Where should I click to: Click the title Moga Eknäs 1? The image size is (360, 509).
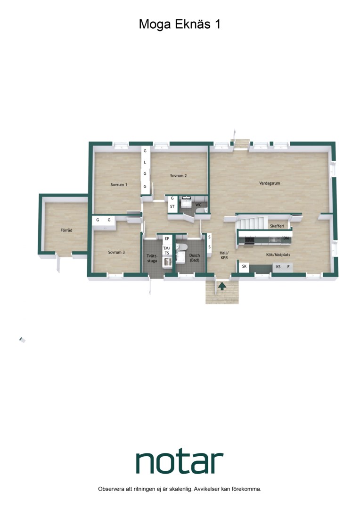[180, 25]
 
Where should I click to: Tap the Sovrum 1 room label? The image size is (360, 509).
[119, 184]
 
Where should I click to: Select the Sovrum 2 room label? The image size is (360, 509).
[179, 176]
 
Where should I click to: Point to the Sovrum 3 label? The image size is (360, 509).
[116, 252]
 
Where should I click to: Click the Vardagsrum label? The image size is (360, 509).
[270, 183]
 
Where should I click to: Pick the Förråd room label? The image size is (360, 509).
[66, 230]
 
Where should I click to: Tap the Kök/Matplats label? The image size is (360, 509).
[278, 255]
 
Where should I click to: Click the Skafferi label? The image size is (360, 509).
[277, 226]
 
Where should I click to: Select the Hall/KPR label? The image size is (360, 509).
[224, 255]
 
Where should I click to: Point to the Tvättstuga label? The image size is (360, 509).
[152, 258]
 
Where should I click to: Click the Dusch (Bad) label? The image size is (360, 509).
[195, 258]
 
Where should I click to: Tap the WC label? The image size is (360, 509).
[198, 205]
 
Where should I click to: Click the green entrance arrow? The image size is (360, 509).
[222, 286]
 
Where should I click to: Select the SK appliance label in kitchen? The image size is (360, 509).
[244, 266]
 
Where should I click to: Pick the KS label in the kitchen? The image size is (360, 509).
[278, 267]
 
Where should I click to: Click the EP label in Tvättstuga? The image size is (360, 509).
[167, 238]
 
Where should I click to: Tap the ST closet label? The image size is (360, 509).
[172, 206]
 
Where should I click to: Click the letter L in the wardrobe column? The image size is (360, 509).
[145, 162]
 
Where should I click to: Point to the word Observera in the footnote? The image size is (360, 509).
[111, 489]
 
